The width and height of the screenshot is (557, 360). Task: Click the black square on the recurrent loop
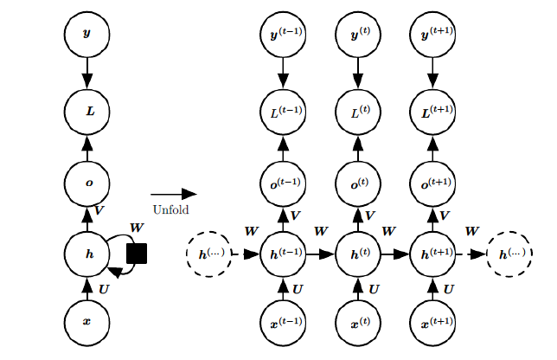(137, 254)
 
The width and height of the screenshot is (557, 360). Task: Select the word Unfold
(170, 209)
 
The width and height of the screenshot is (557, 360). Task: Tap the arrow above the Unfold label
(173, 195)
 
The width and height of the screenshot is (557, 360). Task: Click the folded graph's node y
(86, 35)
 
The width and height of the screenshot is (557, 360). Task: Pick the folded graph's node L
(86, 111)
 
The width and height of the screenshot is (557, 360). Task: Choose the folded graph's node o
(86, 183)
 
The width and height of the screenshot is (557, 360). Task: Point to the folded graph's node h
(86, 254)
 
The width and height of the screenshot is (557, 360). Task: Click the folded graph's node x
(86, 321)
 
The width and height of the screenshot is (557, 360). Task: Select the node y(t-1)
(282, 35)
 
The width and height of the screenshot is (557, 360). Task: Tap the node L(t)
(357, 111)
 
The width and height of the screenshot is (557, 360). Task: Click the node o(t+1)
(431, 183)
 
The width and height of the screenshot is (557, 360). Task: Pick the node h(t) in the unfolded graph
(357, 254)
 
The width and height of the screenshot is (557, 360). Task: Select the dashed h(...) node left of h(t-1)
(207, 254)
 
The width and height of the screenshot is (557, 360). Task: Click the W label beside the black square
(137, 228)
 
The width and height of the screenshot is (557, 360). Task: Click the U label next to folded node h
(104, 288)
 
